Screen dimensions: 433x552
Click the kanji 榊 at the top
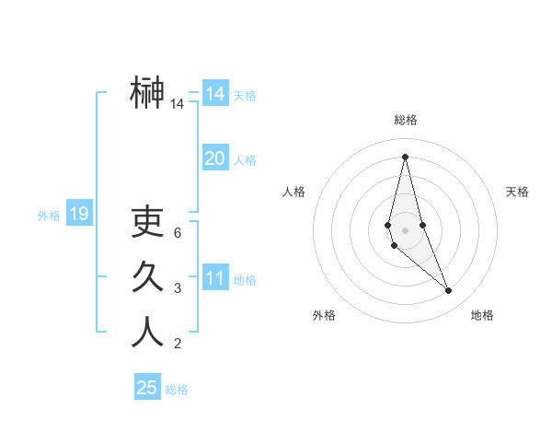pos(147,92)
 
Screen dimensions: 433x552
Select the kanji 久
pos(147,276)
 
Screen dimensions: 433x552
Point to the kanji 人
pos(147,332)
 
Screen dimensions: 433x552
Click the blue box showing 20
pos(214,158)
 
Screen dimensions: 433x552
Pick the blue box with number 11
pos(214,278)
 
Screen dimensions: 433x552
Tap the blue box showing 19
pos(78,215)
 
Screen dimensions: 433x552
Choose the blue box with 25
pos(147,388)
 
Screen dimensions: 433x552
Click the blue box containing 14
pos(214,94)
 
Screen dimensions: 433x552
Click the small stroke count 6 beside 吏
pos(177,233)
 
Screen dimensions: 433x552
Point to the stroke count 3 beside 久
pos(177,288)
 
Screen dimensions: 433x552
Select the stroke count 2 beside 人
pos(177,345)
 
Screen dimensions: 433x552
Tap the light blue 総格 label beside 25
pos(177,390)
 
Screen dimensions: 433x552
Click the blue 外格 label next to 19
pos(49,216)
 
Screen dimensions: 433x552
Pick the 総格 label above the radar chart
pos(405,120)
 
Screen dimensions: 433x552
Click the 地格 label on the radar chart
pos(482,315)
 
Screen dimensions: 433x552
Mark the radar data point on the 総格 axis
pos(405,156)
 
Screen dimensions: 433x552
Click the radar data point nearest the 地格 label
pos(449,291)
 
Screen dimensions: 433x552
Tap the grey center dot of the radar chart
pos(405,229)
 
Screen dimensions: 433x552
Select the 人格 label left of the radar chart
pos(293,192)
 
